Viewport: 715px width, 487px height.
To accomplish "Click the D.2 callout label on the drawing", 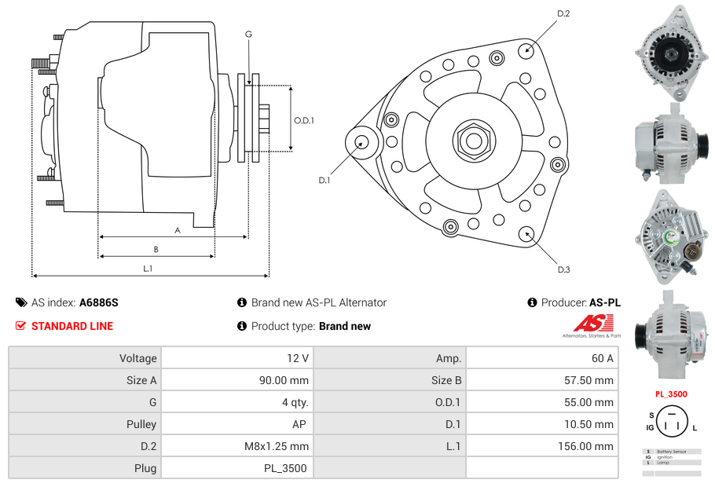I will [x=563, y=14].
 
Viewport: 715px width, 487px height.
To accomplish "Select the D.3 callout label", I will [x=563, y=269].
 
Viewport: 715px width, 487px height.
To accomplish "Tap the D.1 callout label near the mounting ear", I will [x=324, y=180].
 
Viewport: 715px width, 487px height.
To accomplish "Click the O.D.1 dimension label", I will [x=304, y=120].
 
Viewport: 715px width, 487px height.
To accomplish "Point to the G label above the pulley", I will [x=248, y=34].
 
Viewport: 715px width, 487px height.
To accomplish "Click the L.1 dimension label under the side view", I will [x=147, y=269].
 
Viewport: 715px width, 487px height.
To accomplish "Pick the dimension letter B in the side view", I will [x=156, y=249].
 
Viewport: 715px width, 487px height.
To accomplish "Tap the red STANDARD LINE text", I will [x=71, y=326].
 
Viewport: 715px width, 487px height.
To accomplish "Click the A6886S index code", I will [x=99, y=302].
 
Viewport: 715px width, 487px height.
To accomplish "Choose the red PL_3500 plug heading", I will [x=671, y=394].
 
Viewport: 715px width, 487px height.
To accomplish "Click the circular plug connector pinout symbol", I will [x=671, y=427].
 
